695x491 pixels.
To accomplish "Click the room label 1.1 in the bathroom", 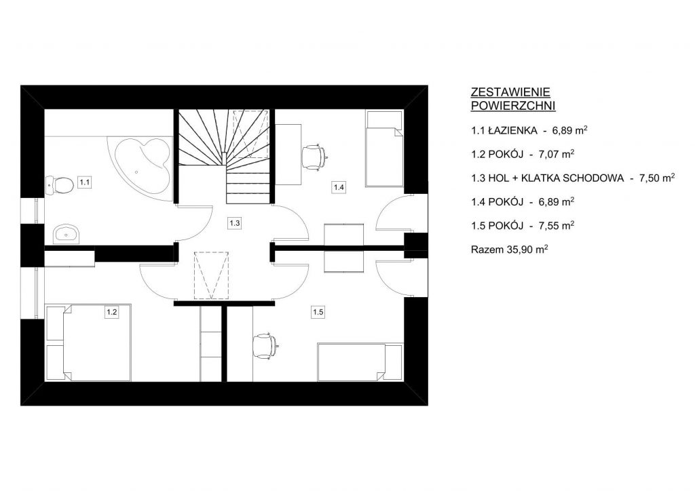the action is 85,182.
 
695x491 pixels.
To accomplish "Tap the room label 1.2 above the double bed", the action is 112,312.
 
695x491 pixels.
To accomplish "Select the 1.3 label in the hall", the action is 234,223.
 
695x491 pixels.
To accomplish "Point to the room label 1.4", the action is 339,187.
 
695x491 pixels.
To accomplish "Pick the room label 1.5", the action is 318,312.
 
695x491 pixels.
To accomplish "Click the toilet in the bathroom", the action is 60,184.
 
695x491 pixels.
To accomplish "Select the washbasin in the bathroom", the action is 67,234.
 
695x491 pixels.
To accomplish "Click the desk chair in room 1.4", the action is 315,157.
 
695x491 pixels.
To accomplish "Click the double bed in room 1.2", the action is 89,342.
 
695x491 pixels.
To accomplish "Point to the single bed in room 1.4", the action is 384,149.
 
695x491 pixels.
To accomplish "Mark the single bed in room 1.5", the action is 360,361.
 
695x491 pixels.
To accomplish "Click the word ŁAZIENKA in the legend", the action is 512,131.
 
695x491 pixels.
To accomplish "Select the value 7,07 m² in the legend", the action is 557,154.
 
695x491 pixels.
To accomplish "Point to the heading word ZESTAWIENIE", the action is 510,92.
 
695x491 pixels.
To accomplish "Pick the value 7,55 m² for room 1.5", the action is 557,225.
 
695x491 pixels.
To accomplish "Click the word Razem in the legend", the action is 487,250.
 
